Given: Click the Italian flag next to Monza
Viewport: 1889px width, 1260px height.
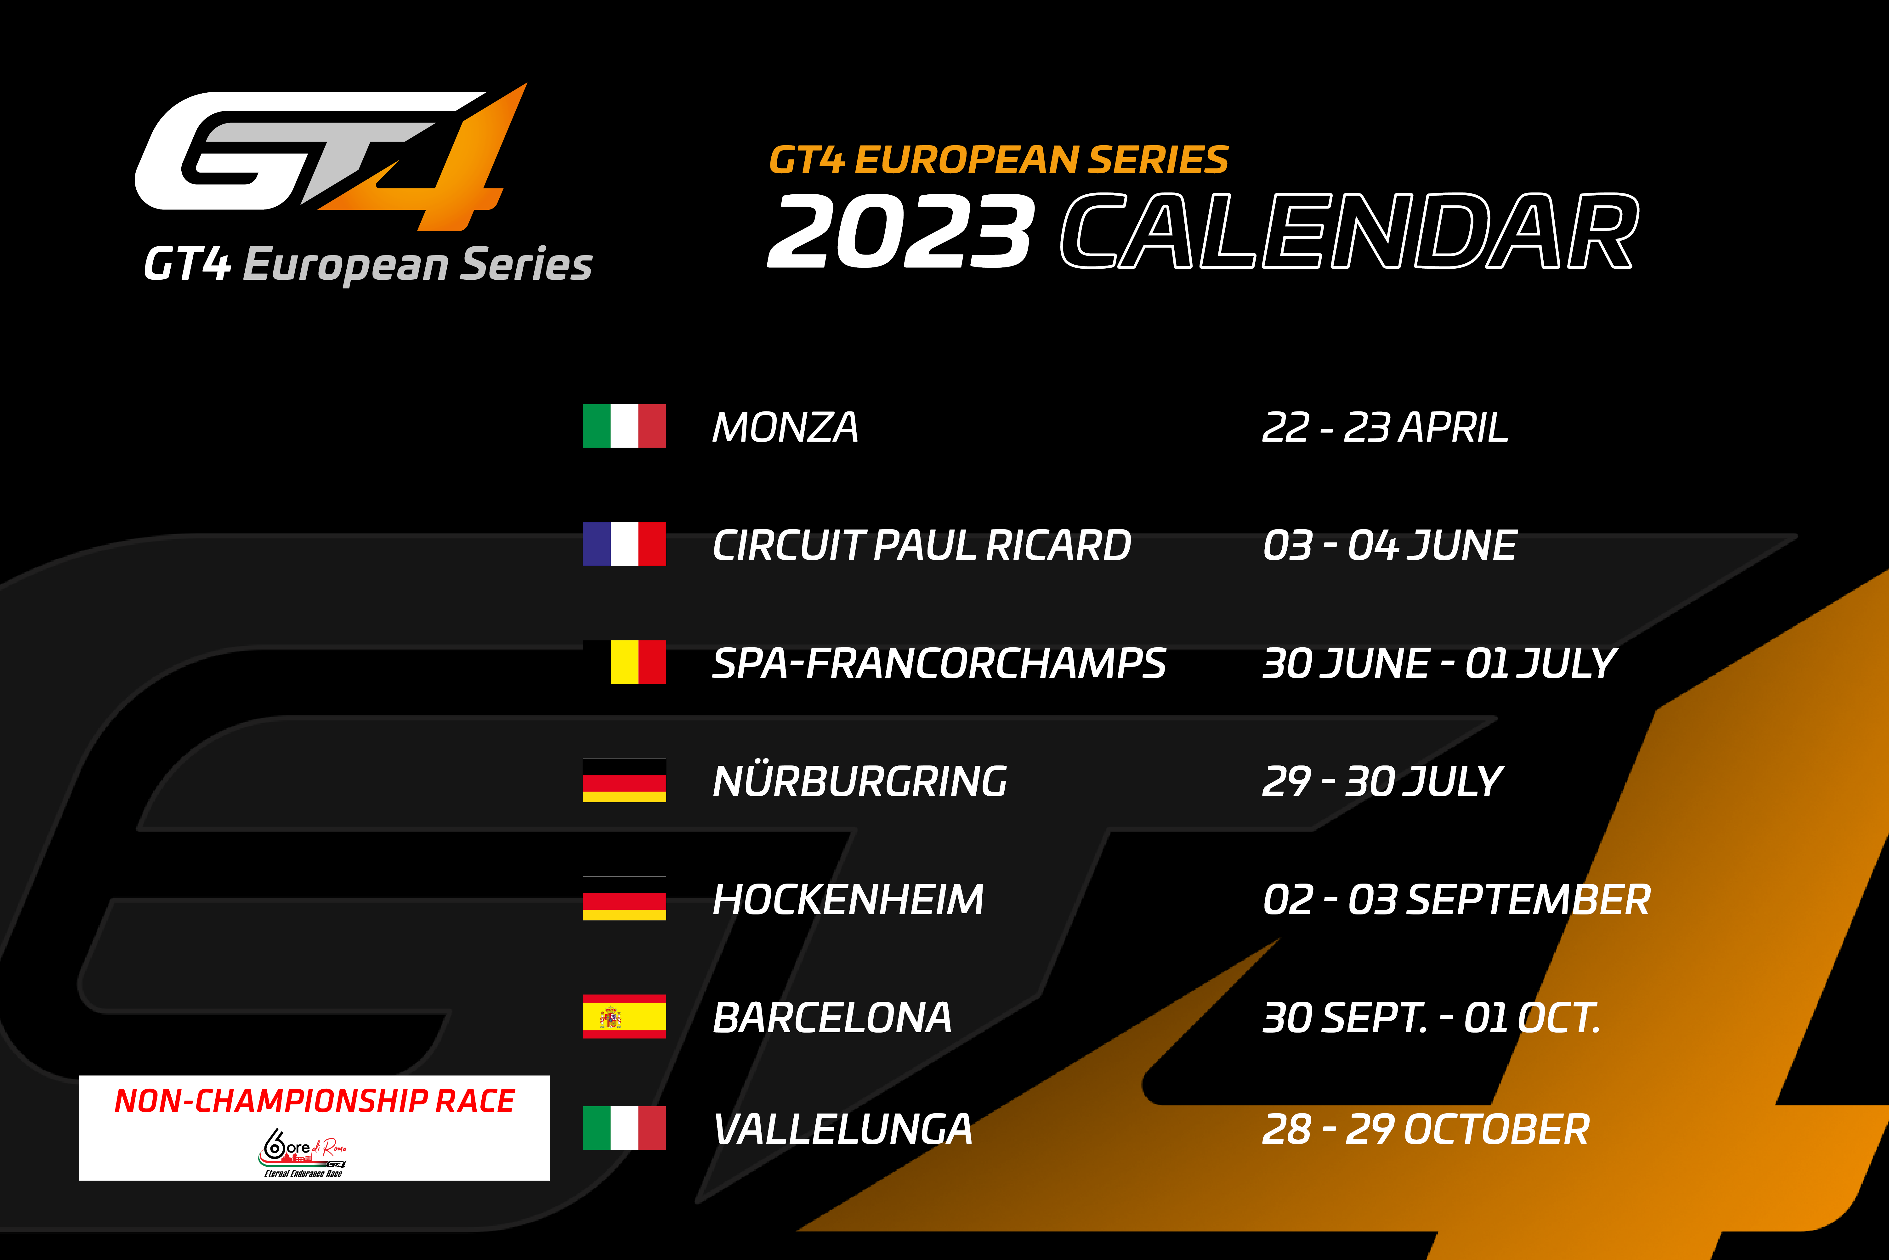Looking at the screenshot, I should (x=624, y=426).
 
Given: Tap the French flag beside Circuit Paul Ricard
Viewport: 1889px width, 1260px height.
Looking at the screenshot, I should (x=624, y=544).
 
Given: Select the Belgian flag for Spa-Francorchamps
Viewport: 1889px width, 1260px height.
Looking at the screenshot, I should (x=624, y=662).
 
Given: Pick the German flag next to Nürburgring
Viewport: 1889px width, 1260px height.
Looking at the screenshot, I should (x=624, y=780).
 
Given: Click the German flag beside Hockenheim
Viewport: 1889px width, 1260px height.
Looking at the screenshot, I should (x=624, y=898).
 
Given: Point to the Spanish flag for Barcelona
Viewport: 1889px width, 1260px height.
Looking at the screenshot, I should (x=624, y=1017).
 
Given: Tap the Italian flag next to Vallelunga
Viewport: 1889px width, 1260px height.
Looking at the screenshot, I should (x=624, y=1128).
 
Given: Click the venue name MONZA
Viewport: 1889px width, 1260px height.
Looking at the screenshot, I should (x=785, y=427).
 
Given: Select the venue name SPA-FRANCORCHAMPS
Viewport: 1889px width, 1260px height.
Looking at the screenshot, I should (x=938, y=663).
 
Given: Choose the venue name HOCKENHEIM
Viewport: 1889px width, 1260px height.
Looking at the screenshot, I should (x=847, y=899).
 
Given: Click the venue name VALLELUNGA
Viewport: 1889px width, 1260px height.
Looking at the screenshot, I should (x=842, y=1129).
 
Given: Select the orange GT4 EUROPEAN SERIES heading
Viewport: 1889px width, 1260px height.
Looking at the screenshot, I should (x=998, y=160).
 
